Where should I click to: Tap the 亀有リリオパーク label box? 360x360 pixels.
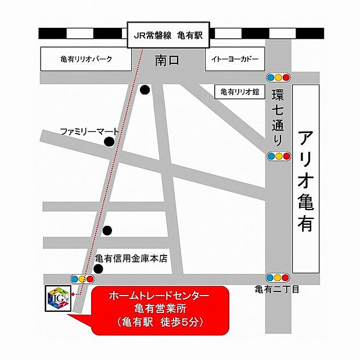[x=86, y=59]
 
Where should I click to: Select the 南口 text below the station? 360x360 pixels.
[x=169, y=60]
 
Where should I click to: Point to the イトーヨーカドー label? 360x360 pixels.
[x=235, y=59]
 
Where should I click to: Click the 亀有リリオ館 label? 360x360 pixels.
[x=239, y=92]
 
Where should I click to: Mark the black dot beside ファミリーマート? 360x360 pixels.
[x=109, y=142]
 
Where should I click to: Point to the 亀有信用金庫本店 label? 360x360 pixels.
[x=131, y=258]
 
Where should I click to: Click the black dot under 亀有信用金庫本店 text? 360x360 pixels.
[x=99, y=268]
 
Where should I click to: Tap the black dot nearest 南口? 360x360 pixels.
[x=144, y=90]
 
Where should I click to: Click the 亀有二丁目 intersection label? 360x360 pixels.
[x=277, y=289]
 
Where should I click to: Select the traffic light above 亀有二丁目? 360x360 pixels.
[x=278, y=278]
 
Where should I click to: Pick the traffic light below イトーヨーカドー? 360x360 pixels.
[x=278, y=77]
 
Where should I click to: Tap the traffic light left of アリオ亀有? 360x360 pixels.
[x=278, y=156]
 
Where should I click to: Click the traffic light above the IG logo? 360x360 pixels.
[x=82, y=279]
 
